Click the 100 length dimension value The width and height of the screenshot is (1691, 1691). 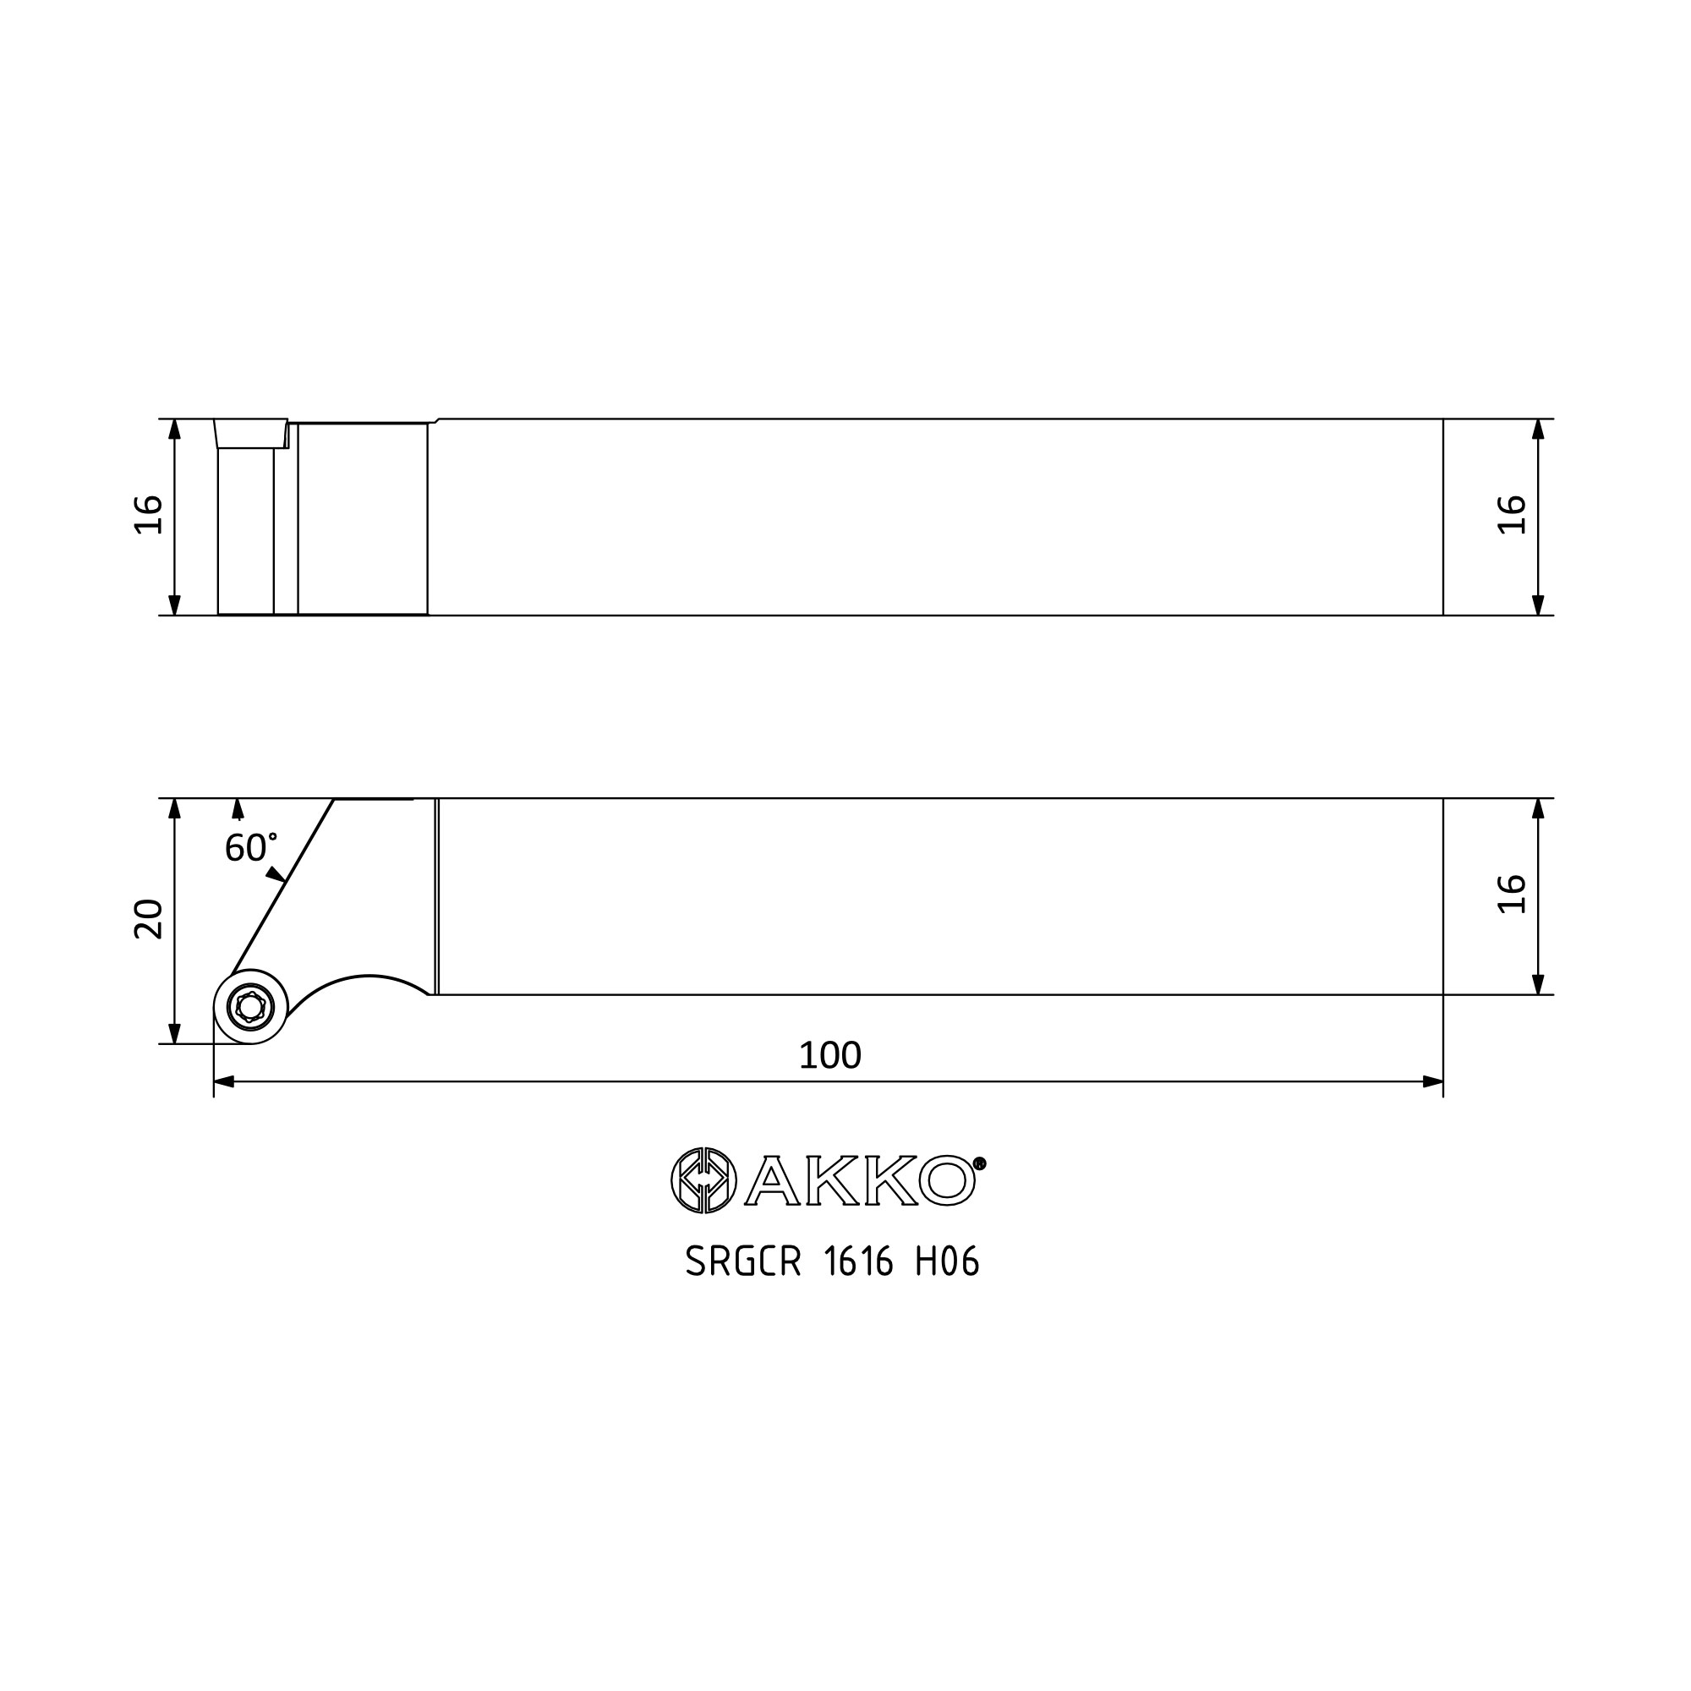[x=829, y=1055]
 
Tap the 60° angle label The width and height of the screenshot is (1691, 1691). [x=251, y=847]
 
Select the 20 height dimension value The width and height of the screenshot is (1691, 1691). [x=149, y=919]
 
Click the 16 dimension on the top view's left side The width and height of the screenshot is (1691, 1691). [x=149, y=515]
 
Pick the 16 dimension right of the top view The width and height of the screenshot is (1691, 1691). [x=1513, y=515]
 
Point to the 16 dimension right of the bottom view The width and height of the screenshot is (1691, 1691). [x=1513, y=894]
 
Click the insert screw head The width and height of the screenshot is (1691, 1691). [x=251, y=1008]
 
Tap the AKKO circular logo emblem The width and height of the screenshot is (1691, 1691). [x=703, y=1179]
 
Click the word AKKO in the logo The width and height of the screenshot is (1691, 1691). [x=860, y=1179]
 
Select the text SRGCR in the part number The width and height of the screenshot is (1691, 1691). [x=743, y=1262]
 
